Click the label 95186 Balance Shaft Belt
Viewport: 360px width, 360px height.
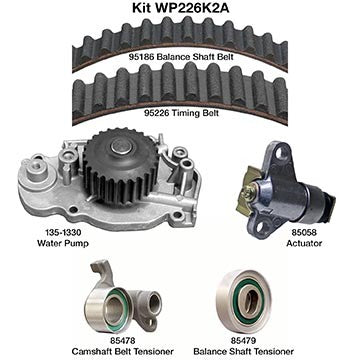(x=179, y=58)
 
